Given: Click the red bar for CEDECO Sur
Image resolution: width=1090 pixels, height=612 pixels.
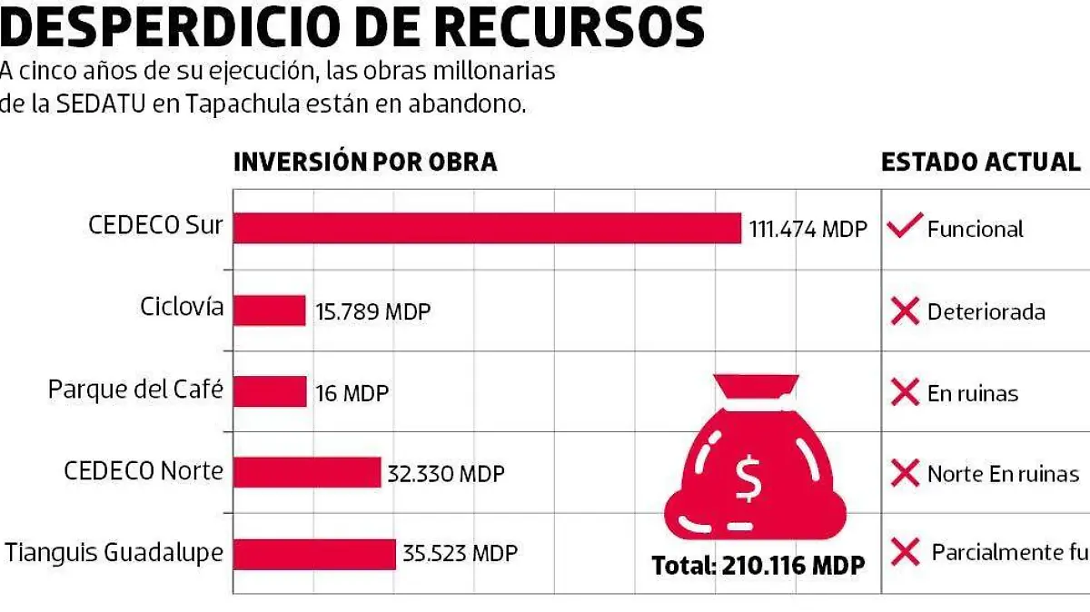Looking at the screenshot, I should pos(487,228).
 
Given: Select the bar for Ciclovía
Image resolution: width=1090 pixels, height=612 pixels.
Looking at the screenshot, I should pos(269,311).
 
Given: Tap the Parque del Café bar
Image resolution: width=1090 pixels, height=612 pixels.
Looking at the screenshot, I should pos(270,391).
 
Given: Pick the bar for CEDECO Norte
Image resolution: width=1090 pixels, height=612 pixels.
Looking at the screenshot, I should pos(307,472).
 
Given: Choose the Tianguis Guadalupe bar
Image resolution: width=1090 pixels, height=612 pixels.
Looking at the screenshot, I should pos(314,554).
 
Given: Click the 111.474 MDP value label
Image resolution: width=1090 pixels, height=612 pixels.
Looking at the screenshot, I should pos(808,229).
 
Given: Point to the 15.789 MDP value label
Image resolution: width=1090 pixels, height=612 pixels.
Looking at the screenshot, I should pos(372,311).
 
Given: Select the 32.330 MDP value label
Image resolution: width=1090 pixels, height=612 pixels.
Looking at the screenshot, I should pos(446,473).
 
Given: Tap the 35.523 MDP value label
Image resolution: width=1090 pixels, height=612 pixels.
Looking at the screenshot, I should pos(461,554).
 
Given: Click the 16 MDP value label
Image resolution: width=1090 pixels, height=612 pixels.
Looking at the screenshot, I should pos(352,393).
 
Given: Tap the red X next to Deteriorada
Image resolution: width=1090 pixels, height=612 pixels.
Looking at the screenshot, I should pos(905,311).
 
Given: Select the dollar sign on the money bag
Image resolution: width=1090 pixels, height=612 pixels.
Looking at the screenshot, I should pos(749,480).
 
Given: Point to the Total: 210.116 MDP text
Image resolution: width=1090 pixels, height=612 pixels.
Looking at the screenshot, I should pos(758,566).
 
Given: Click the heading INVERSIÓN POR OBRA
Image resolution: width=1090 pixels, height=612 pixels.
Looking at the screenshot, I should pos(365,162).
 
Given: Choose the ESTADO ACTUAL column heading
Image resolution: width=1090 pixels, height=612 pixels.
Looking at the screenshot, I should pos(980,162).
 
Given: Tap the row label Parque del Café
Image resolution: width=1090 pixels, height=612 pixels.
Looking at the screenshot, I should pos(135,390).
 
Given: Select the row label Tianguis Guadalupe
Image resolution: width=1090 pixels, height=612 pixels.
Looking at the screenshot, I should pos(114,552).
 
